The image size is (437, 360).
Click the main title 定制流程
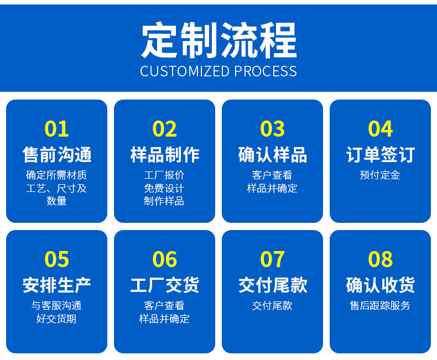[218, 40]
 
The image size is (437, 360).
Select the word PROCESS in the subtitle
[265, 71]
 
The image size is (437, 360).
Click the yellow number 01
[56, 129]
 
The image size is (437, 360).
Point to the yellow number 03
[272, 129]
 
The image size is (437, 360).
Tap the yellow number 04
[380, 129]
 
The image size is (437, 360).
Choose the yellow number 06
[164, 259]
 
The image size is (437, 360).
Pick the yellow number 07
[272, 259]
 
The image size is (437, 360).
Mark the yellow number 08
[380, 259]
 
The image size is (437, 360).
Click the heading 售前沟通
[56, 154]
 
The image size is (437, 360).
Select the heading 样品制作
[164, 154]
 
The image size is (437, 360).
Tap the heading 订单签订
[380, 154]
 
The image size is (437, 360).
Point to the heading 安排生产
[56, 285]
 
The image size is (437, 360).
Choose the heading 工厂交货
[164, 285]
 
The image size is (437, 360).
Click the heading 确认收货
[380, 285]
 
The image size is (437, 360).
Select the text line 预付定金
[380, 175]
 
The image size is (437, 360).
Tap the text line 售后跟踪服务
[380, 305]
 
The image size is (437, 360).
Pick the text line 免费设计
[164, 188]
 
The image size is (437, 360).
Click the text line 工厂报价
[164, 175]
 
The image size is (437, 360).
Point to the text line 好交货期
[56, 319]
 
